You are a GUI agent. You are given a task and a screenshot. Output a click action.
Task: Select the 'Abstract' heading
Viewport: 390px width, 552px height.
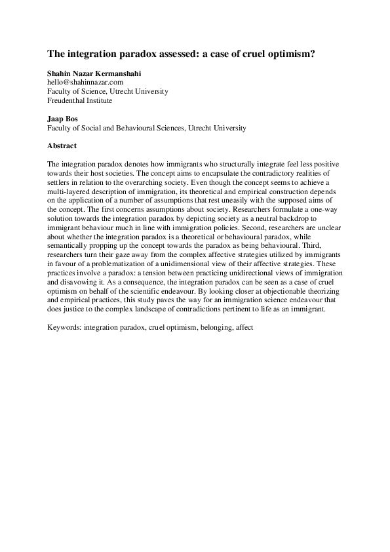click(62, 146)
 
